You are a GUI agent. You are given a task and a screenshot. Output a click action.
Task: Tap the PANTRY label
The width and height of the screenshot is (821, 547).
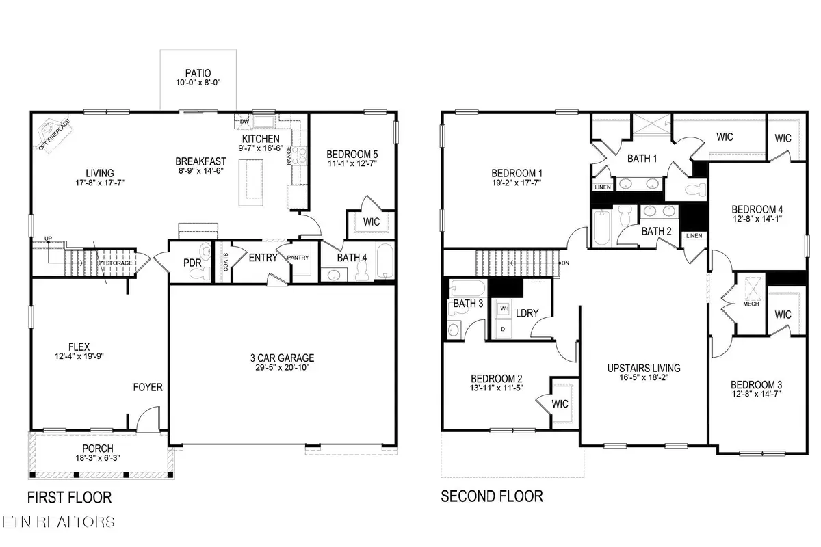click(302, 258)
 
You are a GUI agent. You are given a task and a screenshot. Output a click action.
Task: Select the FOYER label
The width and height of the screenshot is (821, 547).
click(148, 388)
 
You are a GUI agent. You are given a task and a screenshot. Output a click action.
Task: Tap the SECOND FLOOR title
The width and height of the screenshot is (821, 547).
click(492, 496)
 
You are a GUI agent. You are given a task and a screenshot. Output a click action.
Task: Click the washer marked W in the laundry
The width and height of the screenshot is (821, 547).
click(504, 308)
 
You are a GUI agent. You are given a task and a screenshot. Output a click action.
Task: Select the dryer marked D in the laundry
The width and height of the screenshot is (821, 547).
click(504, 329)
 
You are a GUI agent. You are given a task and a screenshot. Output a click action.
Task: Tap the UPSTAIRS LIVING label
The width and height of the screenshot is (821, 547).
click(643, 368)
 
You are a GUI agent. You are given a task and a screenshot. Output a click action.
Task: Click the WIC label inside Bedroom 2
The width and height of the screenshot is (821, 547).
click(560, 403)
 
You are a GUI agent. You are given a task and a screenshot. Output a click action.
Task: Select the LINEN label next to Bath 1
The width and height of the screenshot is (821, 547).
click(603, 187)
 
